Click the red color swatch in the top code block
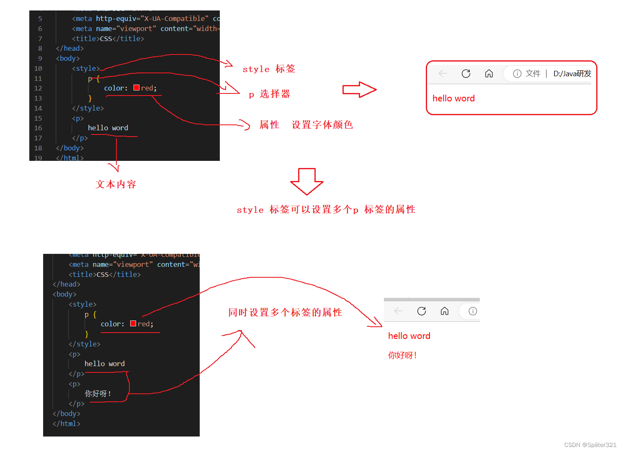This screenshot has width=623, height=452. [136, 88]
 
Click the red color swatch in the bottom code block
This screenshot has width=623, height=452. [133, 323]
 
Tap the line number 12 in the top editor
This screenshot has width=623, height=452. [38, 88]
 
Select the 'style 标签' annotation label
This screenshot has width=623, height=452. [269, 69]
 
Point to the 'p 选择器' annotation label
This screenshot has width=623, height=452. [269, 94]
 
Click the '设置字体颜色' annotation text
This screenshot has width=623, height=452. [322, 125]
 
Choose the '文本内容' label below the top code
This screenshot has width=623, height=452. [116, 184]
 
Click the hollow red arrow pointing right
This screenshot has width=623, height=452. [359, 90]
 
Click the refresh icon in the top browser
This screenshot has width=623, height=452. [466, 74]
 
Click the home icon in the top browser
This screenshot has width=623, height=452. [489, 74]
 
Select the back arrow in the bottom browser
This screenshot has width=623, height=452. [399, 311]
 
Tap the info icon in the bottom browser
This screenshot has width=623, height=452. [473, 311]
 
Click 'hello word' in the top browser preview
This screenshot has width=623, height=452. [453, 98]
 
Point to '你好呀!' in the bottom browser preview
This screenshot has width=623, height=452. [402, 356]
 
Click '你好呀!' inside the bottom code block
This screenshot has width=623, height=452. [98, 394]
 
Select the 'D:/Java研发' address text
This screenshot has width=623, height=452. [572, 74]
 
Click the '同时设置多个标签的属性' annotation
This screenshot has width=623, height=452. [285, 313]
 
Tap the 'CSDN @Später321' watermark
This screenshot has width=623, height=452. [590, 445]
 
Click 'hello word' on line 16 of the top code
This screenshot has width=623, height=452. [108, 128]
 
